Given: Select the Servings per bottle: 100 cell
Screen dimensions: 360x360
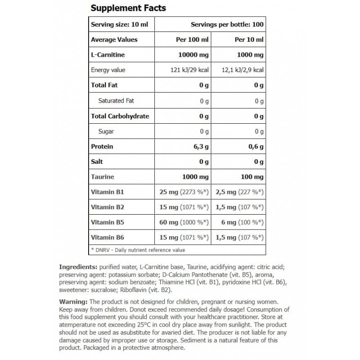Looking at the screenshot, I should pyautogui.click(x=227, y=24).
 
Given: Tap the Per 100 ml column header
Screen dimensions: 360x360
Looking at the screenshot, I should pyautogui.click(x=191, y=40).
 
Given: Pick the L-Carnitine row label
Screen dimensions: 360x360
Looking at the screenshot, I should pyautogui.click(x=108, y=55).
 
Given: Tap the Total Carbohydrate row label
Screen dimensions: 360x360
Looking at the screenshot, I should pyautogui.click(x=120, y=116).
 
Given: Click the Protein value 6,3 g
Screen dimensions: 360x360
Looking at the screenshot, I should pyautogui.click(x=201, y=147).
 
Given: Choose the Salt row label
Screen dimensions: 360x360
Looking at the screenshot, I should pyautogui.click(x=97, y=162).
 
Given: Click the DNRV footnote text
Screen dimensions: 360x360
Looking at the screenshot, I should pyautogui.click(x=138, y=250).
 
